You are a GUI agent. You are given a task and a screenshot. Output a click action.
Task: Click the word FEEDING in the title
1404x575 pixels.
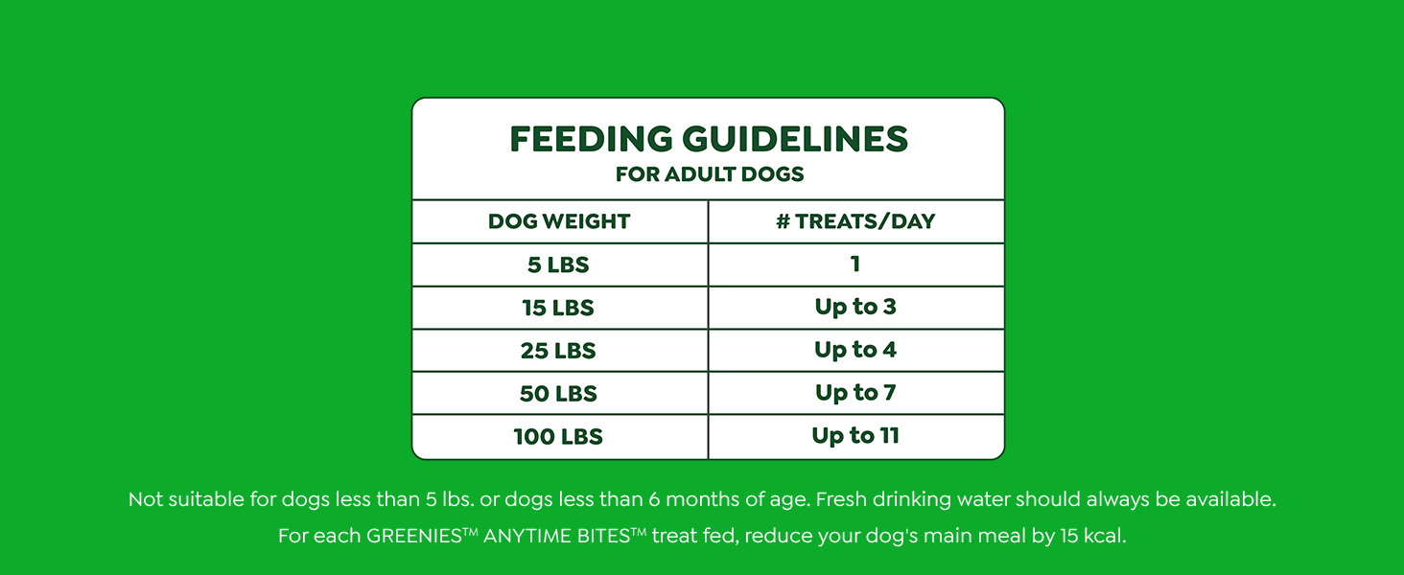point(591,140)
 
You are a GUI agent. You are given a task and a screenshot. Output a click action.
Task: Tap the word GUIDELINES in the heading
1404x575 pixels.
point(795,140)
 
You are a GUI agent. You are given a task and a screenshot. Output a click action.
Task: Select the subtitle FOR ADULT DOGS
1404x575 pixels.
point(709,174)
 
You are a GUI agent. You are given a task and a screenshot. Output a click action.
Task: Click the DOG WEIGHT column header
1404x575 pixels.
point(559,221)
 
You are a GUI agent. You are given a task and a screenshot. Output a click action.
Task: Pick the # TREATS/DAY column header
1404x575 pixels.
point(855,221)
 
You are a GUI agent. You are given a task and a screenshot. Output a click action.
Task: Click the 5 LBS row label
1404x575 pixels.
point(558,264)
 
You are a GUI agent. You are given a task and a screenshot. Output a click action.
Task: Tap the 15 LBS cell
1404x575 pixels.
point(558,308)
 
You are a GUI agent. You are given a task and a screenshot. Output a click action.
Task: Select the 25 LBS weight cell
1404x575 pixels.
point(558,351)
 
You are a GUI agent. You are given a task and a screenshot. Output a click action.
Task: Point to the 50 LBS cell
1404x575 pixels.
point(558,394)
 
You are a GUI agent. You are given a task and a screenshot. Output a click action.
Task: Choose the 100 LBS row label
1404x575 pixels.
point(558,437)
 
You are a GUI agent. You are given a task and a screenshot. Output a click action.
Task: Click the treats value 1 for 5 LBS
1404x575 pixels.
point(855,264)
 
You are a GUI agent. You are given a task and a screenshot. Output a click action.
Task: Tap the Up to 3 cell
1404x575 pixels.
point(855,307)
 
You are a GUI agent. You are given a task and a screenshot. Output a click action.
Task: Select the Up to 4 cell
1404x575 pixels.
point(855,350)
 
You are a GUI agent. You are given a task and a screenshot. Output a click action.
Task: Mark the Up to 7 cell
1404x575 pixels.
point(855,393)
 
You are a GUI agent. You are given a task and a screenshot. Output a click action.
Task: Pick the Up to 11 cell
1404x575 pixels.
point(855,436)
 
